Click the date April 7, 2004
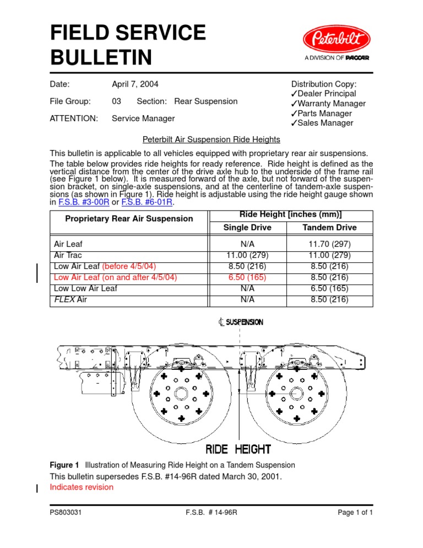(x=135, y=84)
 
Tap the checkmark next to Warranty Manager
(x=294, y=104)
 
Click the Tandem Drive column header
(x=329, y=227)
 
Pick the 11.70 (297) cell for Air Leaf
(x=329, y=243)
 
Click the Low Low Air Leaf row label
(x=85, y=288)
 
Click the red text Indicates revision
(x=82, y=487)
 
